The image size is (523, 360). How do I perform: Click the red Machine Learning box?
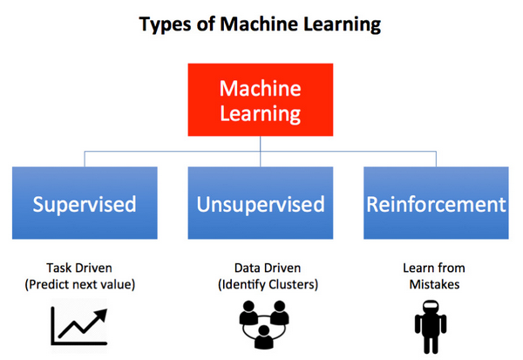tap(260, 99)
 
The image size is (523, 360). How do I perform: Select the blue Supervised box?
tap(85, 203)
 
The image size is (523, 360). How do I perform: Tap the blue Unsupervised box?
tap(260, 203)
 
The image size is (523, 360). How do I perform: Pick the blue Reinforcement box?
tap(436, 203)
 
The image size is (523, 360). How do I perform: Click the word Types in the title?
tap(165, 24)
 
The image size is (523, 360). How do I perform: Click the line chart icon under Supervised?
tap(79, 326)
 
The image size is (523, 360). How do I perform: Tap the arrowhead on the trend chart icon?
tap(101, 315)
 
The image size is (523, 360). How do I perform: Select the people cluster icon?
tap(264, 324)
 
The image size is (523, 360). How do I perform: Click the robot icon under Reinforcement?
tap(431, 327)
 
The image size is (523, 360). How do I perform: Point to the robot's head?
tap(431, 306)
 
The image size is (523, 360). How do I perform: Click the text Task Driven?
tap(79, 268)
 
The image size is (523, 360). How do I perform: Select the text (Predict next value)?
tap(79, 284)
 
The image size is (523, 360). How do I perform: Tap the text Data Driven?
tap(268, 268)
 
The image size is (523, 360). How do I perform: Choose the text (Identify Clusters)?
tap(268, 284)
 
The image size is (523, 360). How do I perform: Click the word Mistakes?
tap(434, 284)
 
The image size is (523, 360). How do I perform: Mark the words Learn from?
tap(434, 268)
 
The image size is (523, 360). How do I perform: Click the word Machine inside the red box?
tap(260, 88)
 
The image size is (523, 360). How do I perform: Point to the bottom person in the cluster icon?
tap(264, 337)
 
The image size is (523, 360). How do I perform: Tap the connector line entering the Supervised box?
tap(85, 160)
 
